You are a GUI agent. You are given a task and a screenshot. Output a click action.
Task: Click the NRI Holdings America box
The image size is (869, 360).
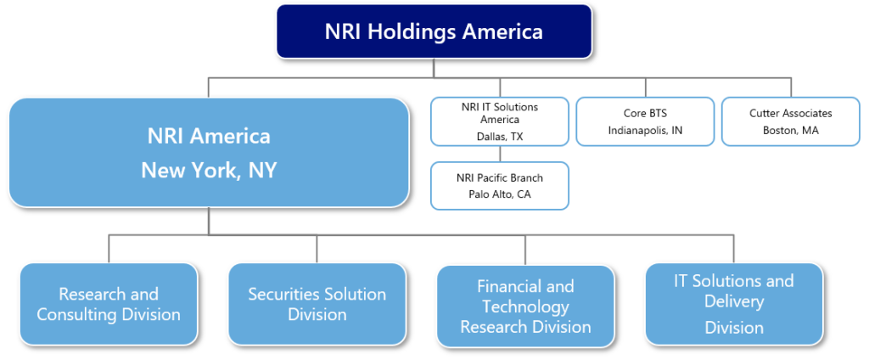(434, 32)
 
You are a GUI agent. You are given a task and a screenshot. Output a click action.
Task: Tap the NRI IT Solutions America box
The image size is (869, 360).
(499, 121)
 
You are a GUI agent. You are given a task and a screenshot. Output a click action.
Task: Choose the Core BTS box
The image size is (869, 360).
(645, 121)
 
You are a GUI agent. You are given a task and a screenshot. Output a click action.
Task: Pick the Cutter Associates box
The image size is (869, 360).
(790, 121)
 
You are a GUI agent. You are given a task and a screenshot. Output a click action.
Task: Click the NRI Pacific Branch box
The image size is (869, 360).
(499, 185)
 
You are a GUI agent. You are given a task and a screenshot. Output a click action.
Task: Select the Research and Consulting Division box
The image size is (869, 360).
(109, 304)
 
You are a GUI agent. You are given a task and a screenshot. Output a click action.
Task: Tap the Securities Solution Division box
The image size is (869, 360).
(317, 304)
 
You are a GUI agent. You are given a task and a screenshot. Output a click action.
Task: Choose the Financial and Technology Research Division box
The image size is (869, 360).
(525, 306)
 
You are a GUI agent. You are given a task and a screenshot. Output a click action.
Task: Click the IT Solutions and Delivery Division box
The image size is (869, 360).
(733, 304)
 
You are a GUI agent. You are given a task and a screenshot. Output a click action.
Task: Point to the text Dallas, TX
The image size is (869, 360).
(499, 136)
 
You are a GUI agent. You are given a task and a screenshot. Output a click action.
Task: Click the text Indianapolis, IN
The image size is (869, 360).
(645, 130)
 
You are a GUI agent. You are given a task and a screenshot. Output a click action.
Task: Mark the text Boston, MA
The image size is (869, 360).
(790, 130)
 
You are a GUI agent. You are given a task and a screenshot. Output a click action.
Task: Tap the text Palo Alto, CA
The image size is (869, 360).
(499, 194)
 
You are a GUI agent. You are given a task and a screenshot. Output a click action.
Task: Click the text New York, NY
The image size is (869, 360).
(209, 170)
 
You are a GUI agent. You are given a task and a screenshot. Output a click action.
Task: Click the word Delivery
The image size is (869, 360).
(733, 301)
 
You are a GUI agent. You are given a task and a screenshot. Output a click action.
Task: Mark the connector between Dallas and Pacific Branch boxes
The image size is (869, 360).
(499, 154)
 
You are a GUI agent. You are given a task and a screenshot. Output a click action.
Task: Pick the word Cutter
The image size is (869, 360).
(766, 113)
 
